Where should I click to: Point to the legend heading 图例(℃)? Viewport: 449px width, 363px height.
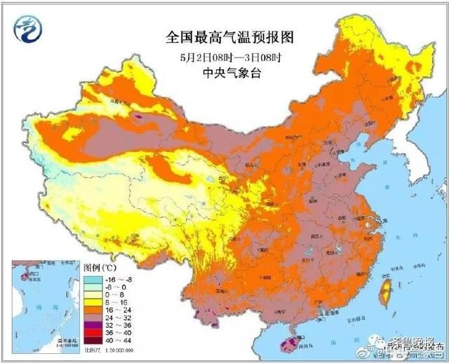click(x=100, y=267)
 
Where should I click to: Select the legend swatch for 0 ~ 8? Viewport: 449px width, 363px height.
click(x=92, y=295)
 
